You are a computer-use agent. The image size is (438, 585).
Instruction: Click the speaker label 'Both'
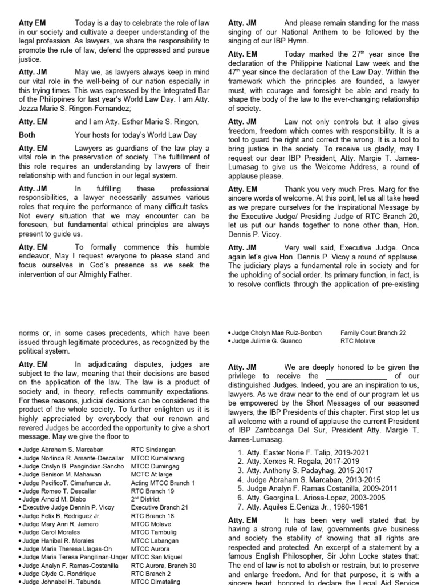(x=27, y=135)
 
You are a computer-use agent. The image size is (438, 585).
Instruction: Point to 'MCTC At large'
(x=152, y=474)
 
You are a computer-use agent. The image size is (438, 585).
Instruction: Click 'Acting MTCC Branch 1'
(x=163, y=483)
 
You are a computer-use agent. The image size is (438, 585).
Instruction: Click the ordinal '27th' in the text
(x=355, y=54)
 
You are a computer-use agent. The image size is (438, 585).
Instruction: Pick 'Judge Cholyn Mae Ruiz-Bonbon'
(x=277, y=332)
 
